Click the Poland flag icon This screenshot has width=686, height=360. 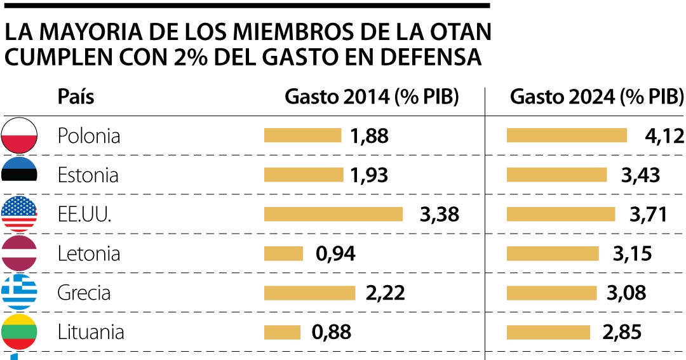[x=19, y=135]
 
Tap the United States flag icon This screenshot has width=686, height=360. [x=19, y=214]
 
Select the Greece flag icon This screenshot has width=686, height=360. [x=19, y=293]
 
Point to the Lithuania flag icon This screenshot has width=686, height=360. [x=19, y=332]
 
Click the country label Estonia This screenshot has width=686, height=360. [x=88, y=175]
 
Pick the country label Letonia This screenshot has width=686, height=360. [x=88, y=254]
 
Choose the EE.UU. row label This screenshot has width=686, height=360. [x=84, y=215]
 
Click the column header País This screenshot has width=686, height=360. [x=76, y=97]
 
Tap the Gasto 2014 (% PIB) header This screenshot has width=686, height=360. [x=372, y=97]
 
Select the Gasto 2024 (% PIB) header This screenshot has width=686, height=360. [x=596, y=97]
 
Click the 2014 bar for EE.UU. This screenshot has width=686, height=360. [x=333, y=214]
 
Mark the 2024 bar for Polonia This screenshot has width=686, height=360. [x=567, y=135]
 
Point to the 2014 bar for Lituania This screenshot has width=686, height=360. [x=282, y=332]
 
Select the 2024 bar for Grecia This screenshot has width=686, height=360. [x=551, y=293]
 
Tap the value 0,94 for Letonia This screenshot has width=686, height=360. [x=335, y=254]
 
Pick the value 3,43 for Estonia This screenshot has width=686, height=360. [x=640, y=175]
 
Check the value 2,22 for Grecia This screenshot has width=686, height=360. [x=385, y=293]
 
